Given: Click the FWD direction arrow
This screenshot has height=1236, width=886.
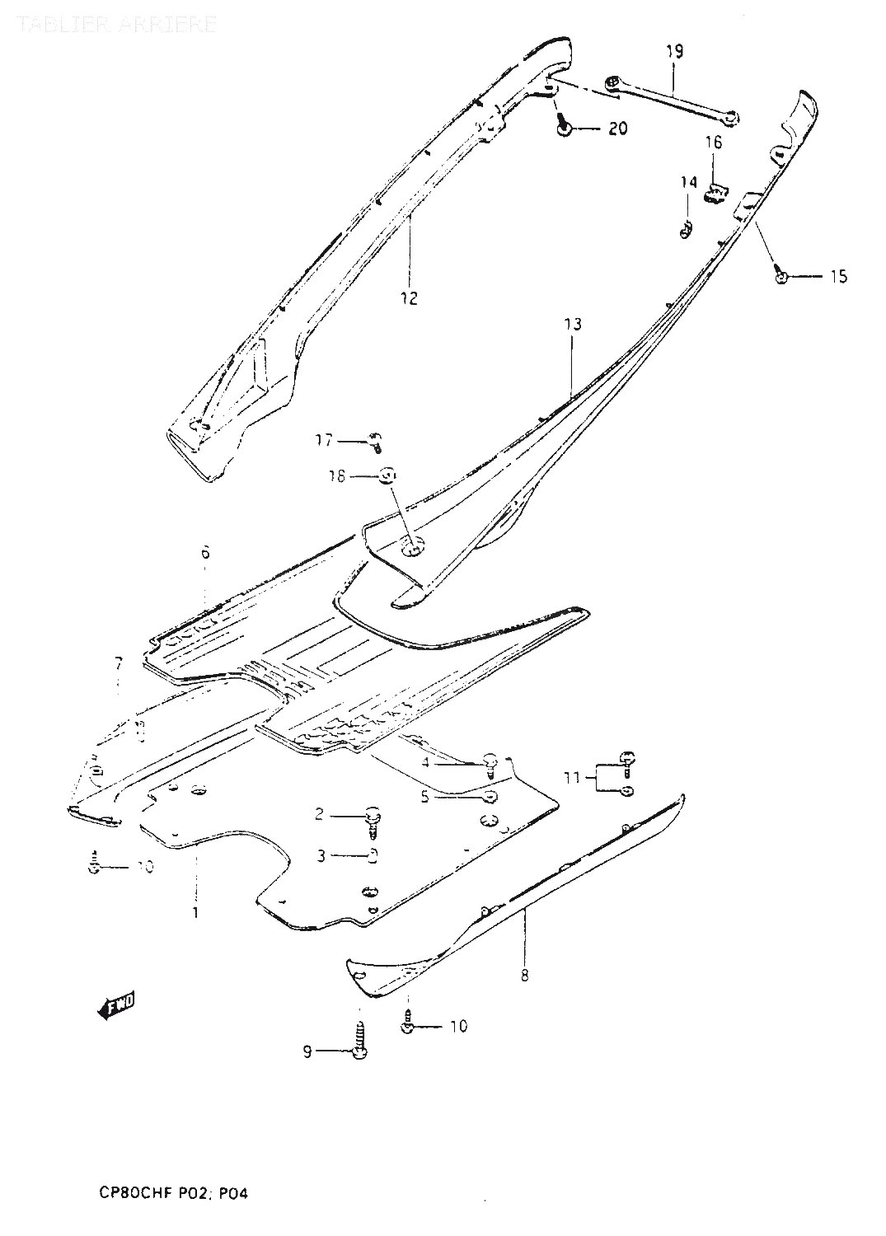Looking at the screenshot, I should click(115, 1005).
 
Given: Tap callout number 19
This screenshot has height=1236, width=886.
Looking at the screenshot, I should click(674, 52).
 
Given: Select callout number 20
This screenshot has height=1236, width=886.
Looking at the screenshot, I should click(617, 129).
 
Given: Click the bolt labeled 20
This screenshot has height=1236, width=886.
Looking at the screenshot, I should click(564, 128).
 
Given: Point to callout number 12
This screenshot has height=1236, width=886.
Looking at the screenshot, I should click(410, 297).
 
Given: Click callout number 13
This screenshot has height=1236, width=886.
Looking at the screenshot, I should click(574, 325).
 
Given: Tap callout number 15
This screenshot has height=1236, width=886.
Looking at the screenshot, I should click(837, 277).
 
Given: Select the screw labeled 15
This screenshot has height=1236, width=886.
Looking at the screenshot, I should click(781, 276).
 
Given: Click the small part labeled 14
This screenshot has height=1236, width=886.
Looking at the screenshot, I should click(685, 232).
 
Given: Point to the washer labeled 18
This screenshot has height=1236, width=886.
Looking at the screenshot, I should click(389, 476).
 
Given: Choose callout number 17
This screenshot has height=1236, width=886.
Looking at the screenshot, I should click(324, 441).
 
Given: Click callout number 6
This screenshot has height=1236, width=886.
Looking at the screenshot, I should click(204, 552).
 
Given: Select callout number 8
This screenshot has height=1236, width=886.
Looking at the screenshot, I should click(525, 976).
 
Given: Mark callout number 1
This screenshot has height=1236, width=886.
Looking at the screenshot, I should click(196, 913).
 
